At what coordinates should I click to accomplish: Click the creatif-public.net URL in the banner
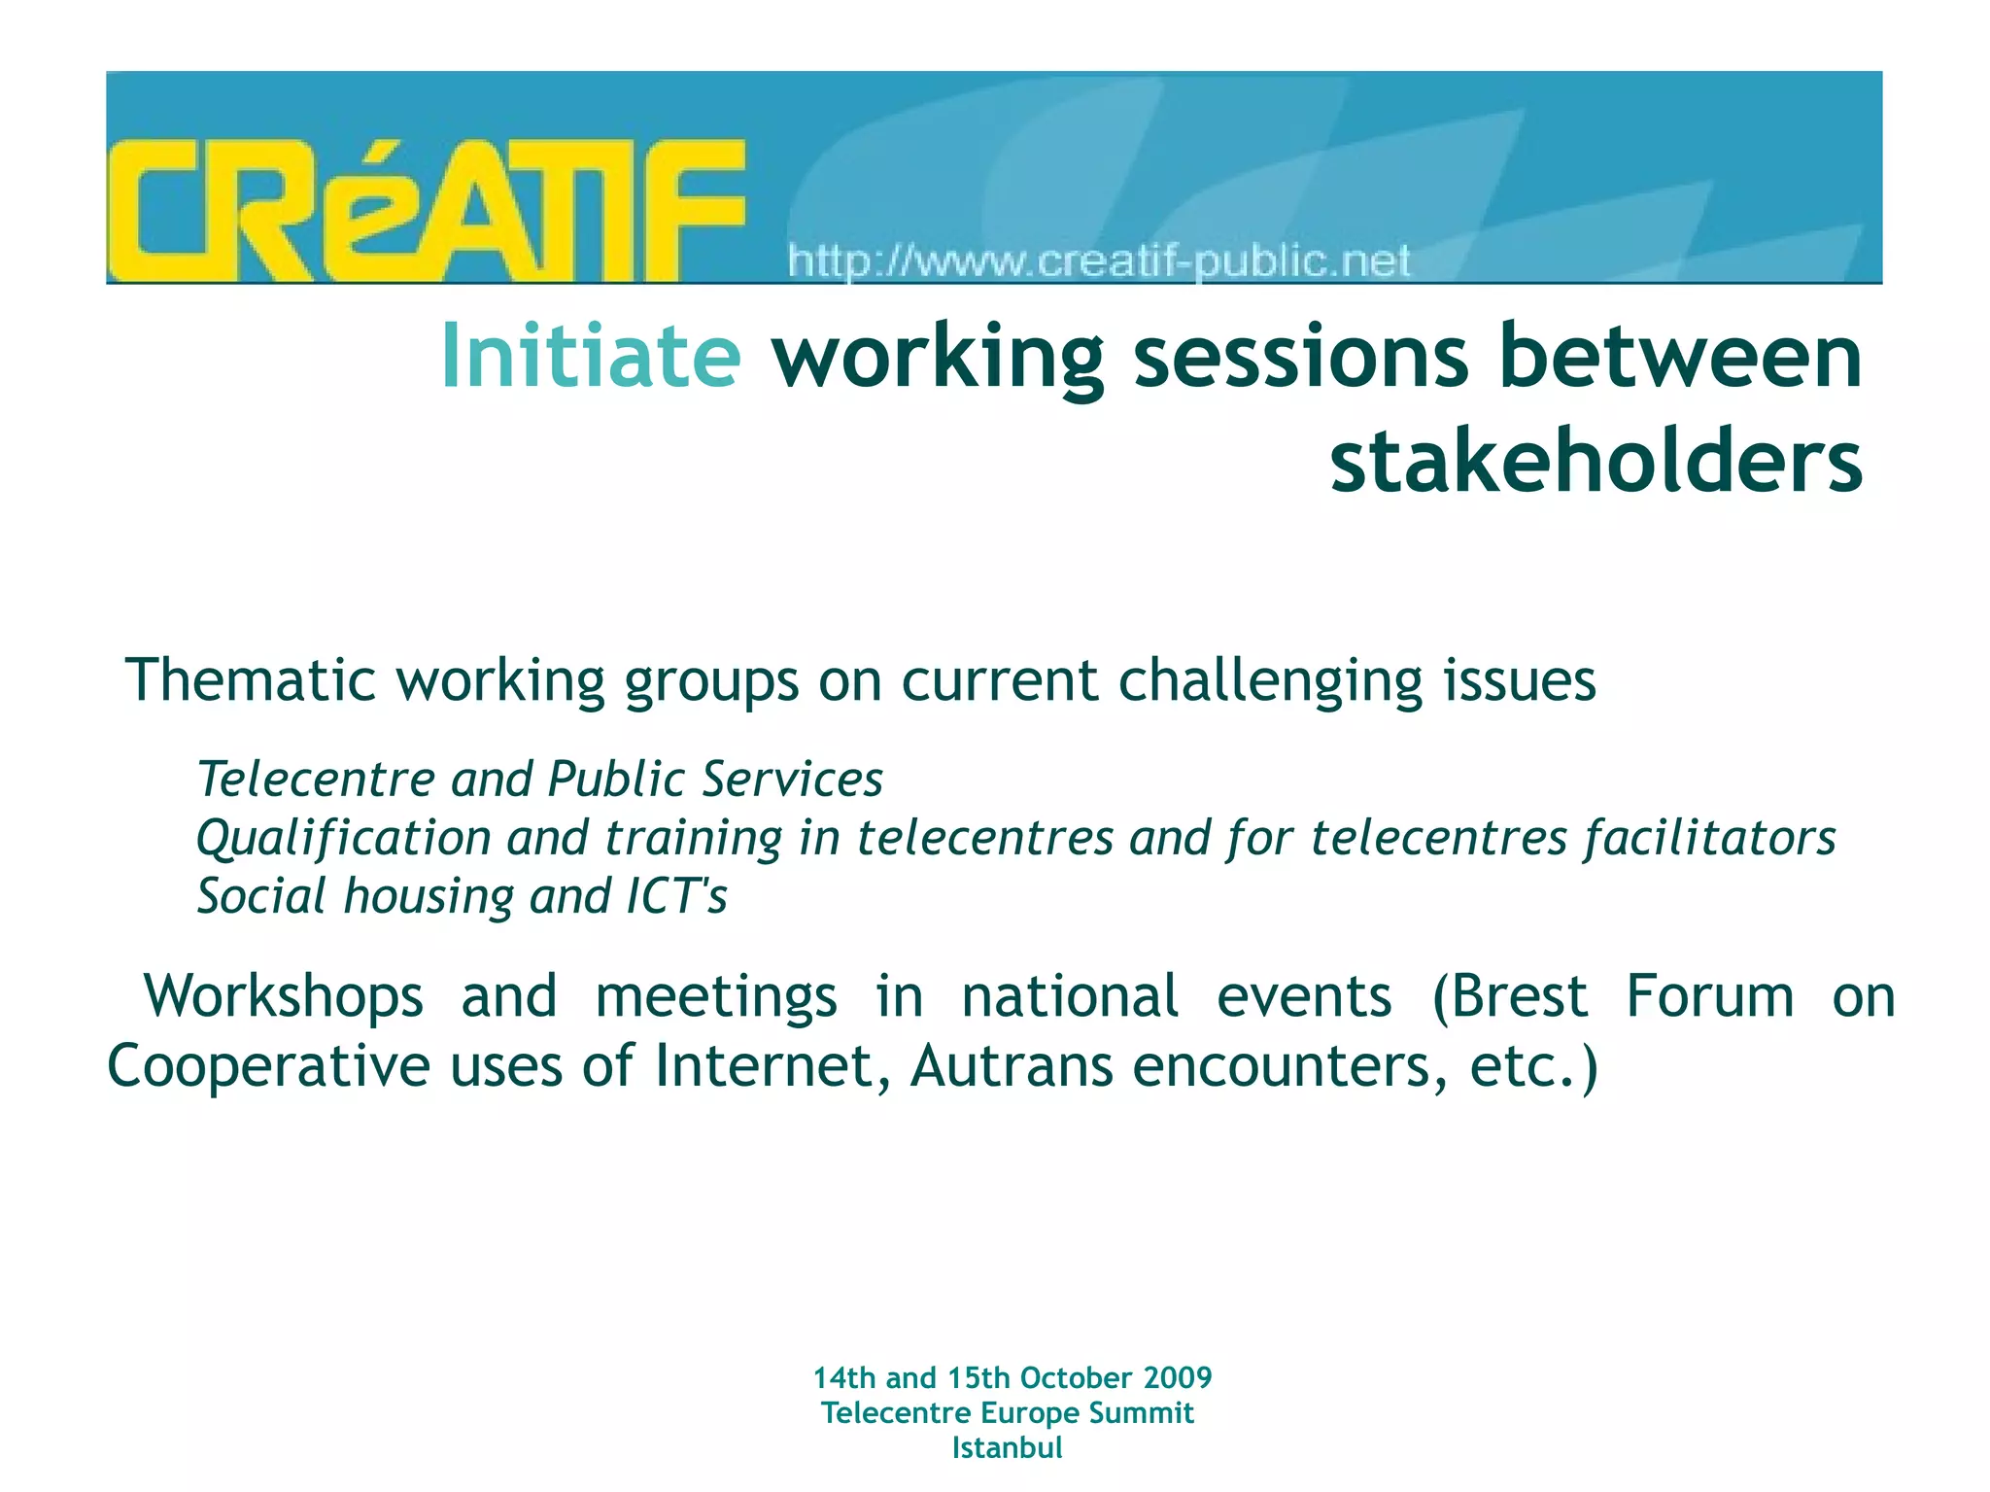click(x=1098, y=261)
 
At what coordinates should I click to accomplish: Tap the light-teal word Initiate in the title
click(x=591, y=356)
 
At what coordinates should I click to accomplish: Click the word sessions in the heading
click(x=1301, y=356)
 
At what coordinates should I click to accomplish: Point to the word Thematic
click(x=250, y=679)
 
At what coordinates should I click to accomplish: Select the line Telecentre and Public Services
click(x=539, y=780)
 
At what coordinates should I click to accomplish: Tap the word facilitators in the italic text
click(x=1710, y=838)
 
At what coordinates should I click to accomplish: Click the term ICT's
click(x=676, y=896)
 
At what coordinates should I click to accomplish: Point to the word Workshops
click(x=284, y=996)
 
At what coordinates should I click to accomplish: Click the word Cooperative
click(x=267, y=1066)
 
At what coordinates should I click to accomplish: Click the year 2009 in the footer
click(x=1178, y=1377)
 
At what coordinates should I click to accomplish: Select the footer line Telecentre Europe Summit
click(x=1007, y=1412)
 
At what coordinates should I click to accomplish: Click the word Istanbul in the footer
click(x=1007, y=1447)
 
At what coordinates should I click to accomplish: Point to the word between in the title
click(x=1680, y=356)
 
